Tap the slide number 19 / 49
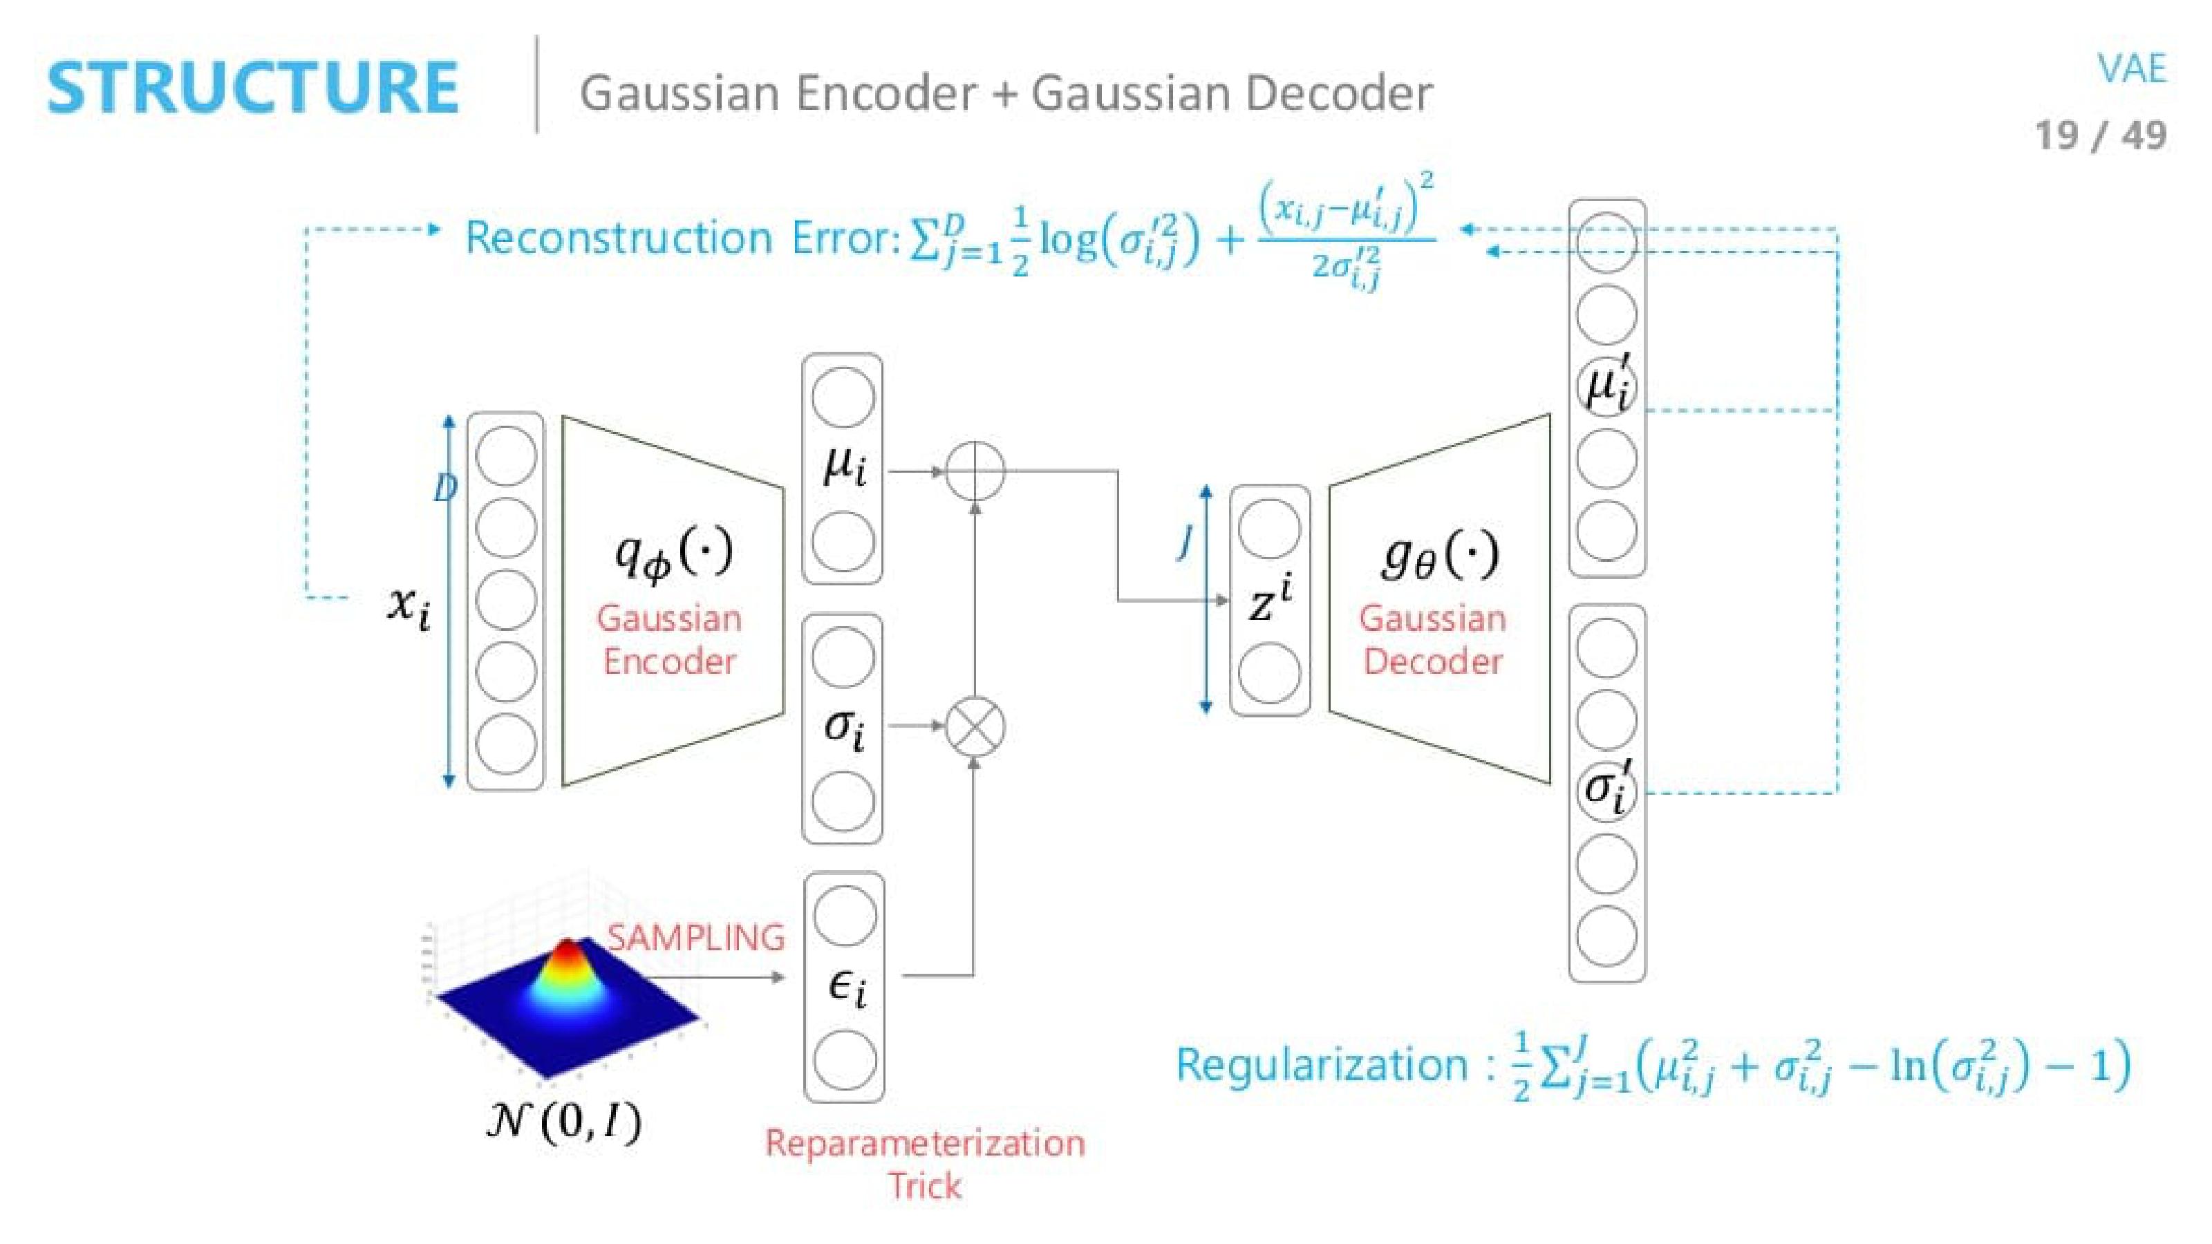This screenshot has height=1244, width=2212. click(2101, 135)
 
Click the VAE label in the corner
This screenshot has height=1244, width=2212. click(2132, 68)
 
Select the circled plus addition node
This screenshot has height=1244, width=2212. click(975, 471)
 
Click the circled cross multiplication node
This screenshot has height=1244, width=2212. click(975, 726)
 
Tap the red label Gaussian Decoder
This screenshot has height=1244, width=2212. click(1432, 639)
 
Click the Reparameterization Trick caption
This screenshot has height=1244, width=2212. click(925, 1164)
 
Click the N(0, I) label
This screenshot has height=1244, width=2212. click(563, 1120)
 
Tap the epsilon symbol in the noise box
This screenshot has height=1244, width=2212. click(847, 988)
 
